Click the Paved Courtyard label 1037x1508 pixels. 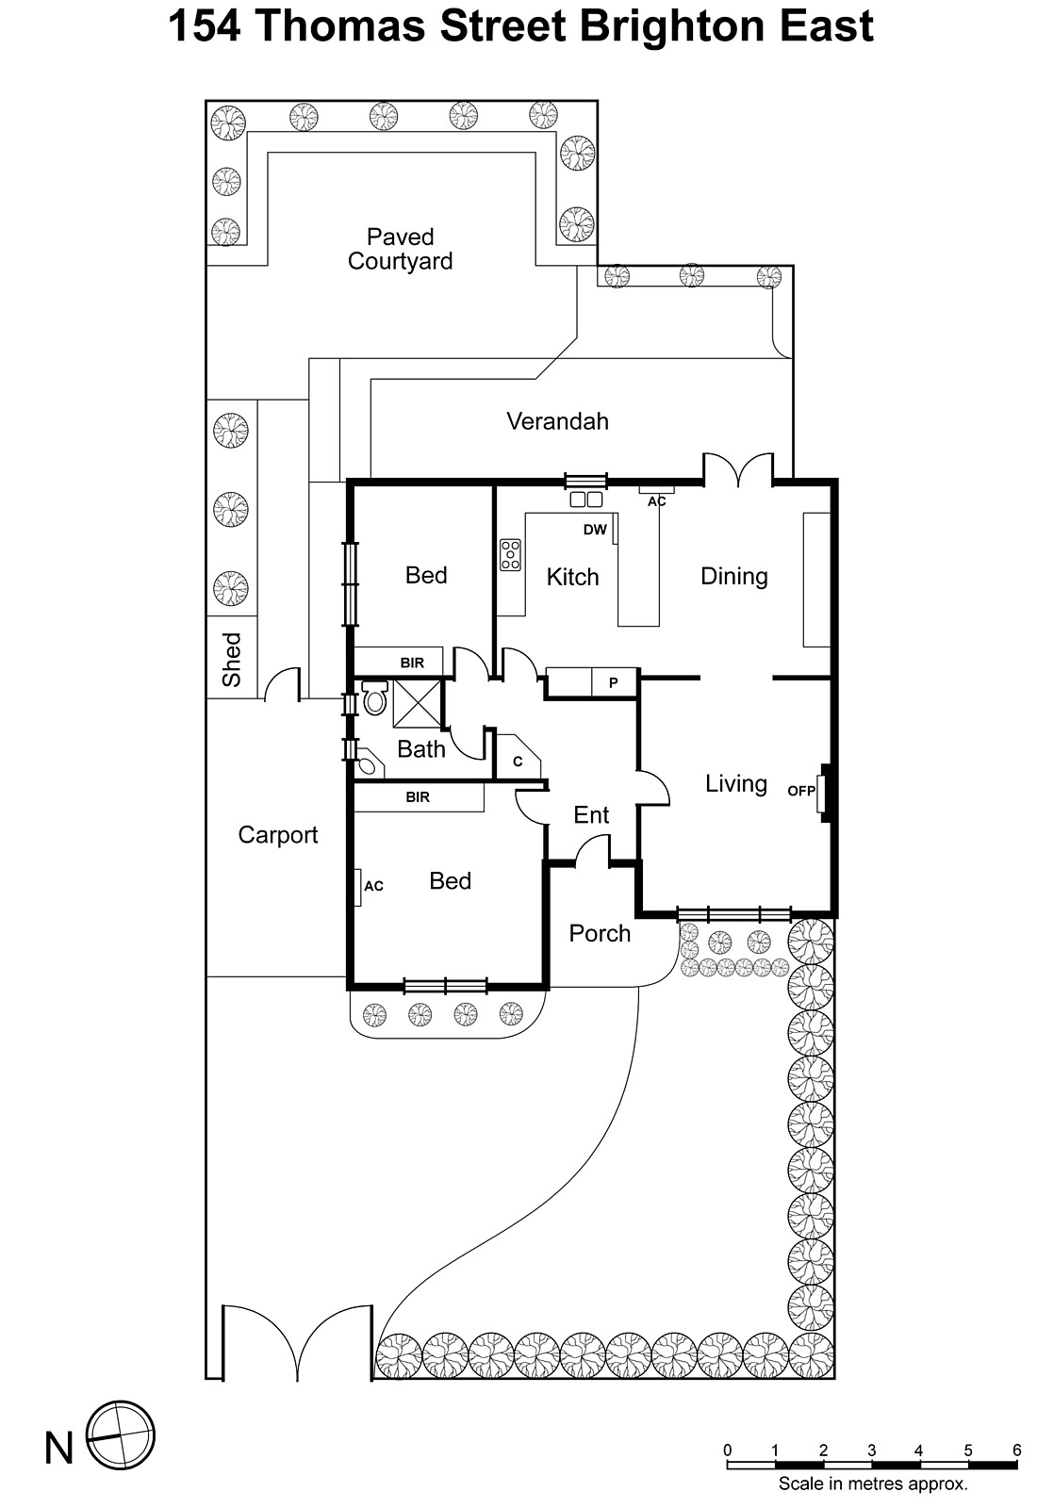[x=400, y=250]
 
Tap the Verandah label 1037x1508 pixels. [x=557, y=421]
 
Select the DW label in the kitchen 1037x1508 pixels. [x=595, y=530]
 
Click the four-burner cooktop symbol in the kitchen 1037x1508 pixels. [x=510, y=555]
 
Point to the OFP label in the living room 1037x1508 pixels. [x=800, y=792]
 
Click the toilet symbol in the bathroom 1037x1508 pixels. [x=375, y=698]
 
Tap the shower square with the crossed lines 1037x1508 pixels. [x=417, y=703]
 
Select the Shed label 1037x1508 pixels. [x=232, y=660]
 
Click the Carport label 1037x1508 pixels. [x=278, y=835]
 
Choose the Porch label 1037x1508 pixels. [x=600, y=933]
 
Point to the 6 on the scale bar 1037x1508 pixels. [x=1016, y=1451]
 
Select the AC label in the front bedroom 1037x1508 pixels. [x=373, y=886]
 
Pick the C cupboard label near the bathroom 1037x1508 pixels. [x=518, y=762]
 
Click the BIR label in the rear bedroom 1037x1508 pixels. [x=412, y=664]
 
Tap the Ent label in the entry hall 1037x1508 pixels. [x=591, y=815]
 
